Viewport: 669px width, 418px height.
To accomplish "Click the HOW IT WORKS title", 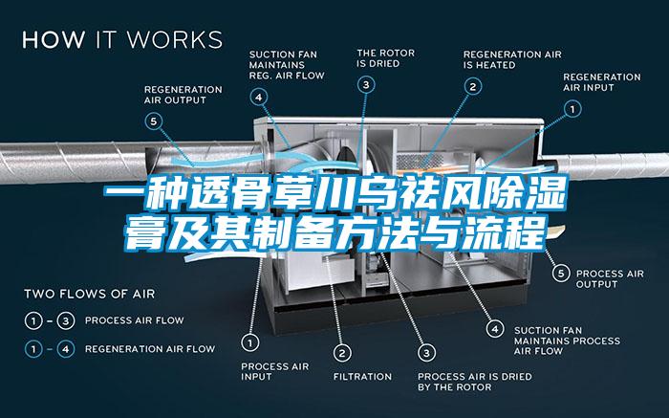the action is [122, 39].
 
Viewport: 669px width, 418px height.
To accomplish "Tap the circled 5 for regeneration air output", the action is [154, 121].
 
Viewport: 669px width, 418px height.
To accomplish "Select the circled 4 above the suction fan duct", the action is [259, 97].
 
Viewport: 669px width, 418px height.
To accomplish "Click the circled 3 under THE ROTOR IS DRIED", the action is [366, 84].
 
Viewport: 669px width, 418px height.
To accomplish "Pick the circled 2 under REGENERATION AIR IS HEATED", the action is [473, 87].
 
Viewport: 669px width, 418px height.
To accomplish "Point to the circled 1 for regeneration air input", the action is [572, 109].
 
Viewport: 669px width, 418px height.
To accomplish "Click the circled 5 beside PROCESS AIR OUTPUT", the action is [561, 273].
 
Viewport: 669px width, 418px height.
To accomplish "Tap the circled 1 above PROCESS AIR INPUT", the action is [250, 342].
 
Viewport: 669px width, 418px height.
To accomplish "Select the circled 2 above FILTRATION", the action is [342, 353].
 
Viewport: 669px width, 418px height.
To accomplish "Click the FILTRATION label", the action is [362, 377].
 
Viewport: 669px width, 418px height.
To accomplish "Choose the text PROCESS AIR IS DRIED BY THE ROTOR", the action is [474, 382].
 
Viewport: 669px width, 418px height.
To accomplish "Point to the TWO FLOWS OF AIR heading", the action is [90, 294].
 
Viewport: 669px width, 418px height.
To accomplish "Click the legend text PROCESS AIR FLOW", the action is [135, 320].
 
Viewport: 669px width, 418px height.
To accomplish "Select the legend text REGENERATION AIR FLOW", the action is [150, 349].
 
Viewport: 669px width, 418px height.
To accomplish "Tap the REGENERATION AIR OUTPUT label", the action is [183, 95].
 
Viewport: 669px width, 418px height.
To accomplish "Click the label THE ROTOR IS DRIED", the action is [386, 58].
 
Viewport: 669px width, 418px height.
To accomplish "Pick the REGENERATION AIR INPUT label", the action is [601, 82].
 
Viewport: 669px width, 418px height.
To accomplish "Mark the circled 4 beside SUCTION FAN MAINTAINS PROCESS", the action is [495, 329].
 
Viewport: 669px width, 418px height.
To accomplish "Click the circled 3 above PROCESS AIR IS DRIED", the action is [426, 353].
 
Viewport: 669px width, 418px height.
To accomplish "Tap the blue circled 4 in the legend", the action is [66, 349].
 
